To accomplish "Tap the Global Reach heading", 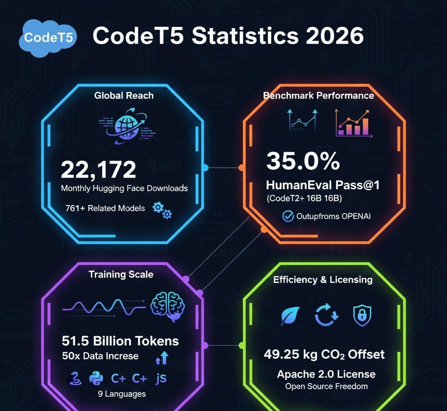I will [x=124, y=95].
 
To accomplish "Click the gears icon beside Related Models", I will [x=162, y=210].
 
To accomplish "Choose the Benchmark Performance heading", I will [x=318, y=95].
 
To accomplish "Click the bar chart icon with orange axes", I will [x=352, y=124].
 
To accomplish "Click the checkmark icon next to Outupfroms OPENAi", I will [x=288, y=216].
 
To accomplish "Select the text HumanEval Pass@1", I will [x=323, y=185].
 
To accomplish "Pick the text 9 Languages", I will [x=122, y=394].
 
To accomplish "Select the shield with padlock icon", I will [x=362, y=315].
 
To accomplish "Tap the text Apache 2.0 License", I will [x=326, y=374].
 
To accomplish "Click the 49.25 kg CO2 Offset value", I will [x=324, y=354].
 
